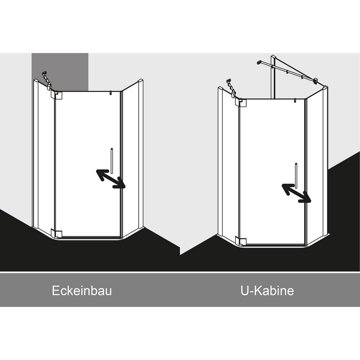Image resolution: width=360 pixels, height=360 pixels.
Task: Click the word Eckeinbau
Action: tap(82, 291)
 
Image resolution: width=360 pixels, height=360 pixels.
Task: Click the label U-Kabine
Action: tap(267, 291)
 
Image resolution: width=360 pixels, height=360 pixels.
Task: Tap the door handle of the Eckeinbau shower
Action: tap(112, 161)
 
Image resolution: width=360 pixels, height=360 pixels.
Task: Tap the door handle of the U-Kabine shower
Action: tap(296, 175)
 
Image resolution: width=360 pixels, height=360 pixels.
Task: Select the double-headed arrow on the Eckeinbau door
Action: tap(111, 179)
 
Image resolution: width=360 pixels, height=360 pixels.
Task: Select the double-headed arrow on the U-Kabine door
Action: tap(296, 193)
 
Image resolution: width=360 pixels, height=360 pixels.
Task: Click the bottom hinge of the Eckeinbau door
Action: tap(58, 233)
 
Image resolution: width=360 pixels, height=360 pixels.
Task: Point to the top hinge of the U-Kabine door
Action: tap(242, 103)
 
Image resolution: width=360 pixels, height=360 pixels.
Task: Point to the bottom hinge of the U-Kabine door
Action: tap(242, 241)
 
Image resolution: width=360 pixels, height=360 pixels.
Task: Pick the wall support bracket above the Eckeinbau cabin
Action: tap(46, 81)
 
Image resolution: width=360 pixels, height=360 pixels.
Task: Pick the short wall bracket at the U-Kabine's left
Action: tap(231, 88)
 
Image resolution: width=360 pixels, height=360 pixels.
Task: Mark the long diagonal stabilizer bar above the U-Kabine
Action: tap(287, 71)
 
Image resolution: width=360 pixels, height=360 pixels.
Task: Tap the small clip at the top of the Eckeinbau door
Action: tap(111, 93)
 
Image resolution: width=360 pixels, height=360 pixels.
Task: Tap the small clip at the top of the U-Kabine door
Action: tap(295, 100)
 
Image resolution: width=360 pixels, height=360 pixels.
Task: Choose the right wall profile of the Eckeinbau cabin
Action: tap(140, 154)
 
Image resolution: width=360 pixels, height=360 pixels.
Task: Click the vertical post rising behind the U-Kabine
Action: tap(273, 77)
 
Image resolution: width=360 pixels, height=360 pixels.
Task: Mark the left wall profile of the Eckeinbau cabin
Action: tap(36, 153)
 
